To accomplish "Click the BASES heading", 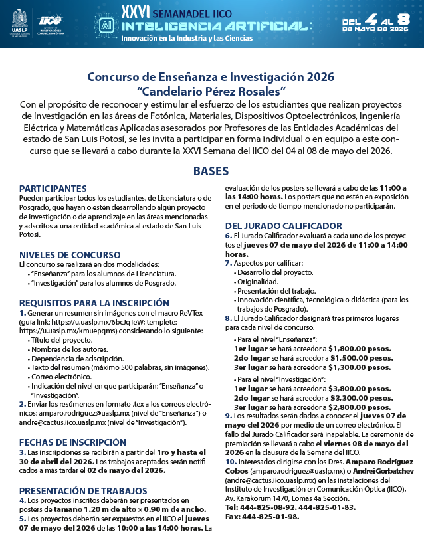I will coord(211,171).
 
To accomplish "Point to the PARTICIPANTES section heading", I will coord(62,189).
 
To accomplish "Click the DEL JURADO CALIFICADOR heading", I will coord(282,225).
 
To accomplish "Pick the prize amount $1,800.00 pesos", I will coord(360,348).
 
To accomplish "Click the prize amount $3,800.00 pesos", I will coord(360,387).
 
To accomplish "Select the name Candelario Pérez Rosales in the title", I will coord(211,89).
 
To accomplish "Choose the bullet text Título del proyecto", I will coord(62,339).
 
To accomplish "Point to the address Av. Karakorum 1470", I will coord(266,498).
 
